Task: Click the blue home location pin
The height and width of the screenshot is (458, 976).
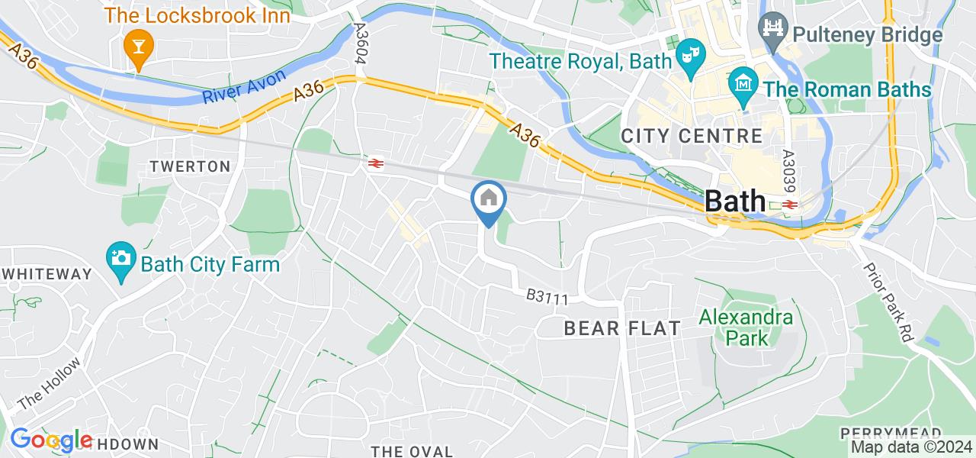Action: pos(487,201)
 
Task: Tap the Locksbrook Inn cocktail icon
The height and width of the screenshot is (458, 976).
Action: pos(138,49)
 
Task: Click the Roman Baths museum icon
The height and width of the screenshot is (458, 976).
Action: pos(741,88)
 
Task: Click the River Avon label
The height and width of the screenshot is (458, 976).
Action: pos(244,86)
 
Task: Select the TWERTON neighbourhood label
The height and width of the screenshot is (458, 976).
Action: pos(190,166)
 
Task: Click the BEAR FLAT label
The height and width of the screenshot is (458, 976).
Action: pos(621,329)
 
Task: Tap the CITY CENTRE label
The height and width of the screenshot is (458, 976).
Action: pos(692,137)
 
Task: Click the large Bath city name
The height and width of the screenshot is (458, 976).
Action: pos(735,201)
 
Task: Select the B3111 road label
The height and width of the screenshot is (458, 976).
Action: pos(547,297)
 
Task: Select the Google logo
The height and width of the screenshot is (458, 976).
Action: pos(51,440)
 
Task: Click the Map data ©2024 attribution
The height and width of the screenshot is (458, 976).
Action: pos(911,447)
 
